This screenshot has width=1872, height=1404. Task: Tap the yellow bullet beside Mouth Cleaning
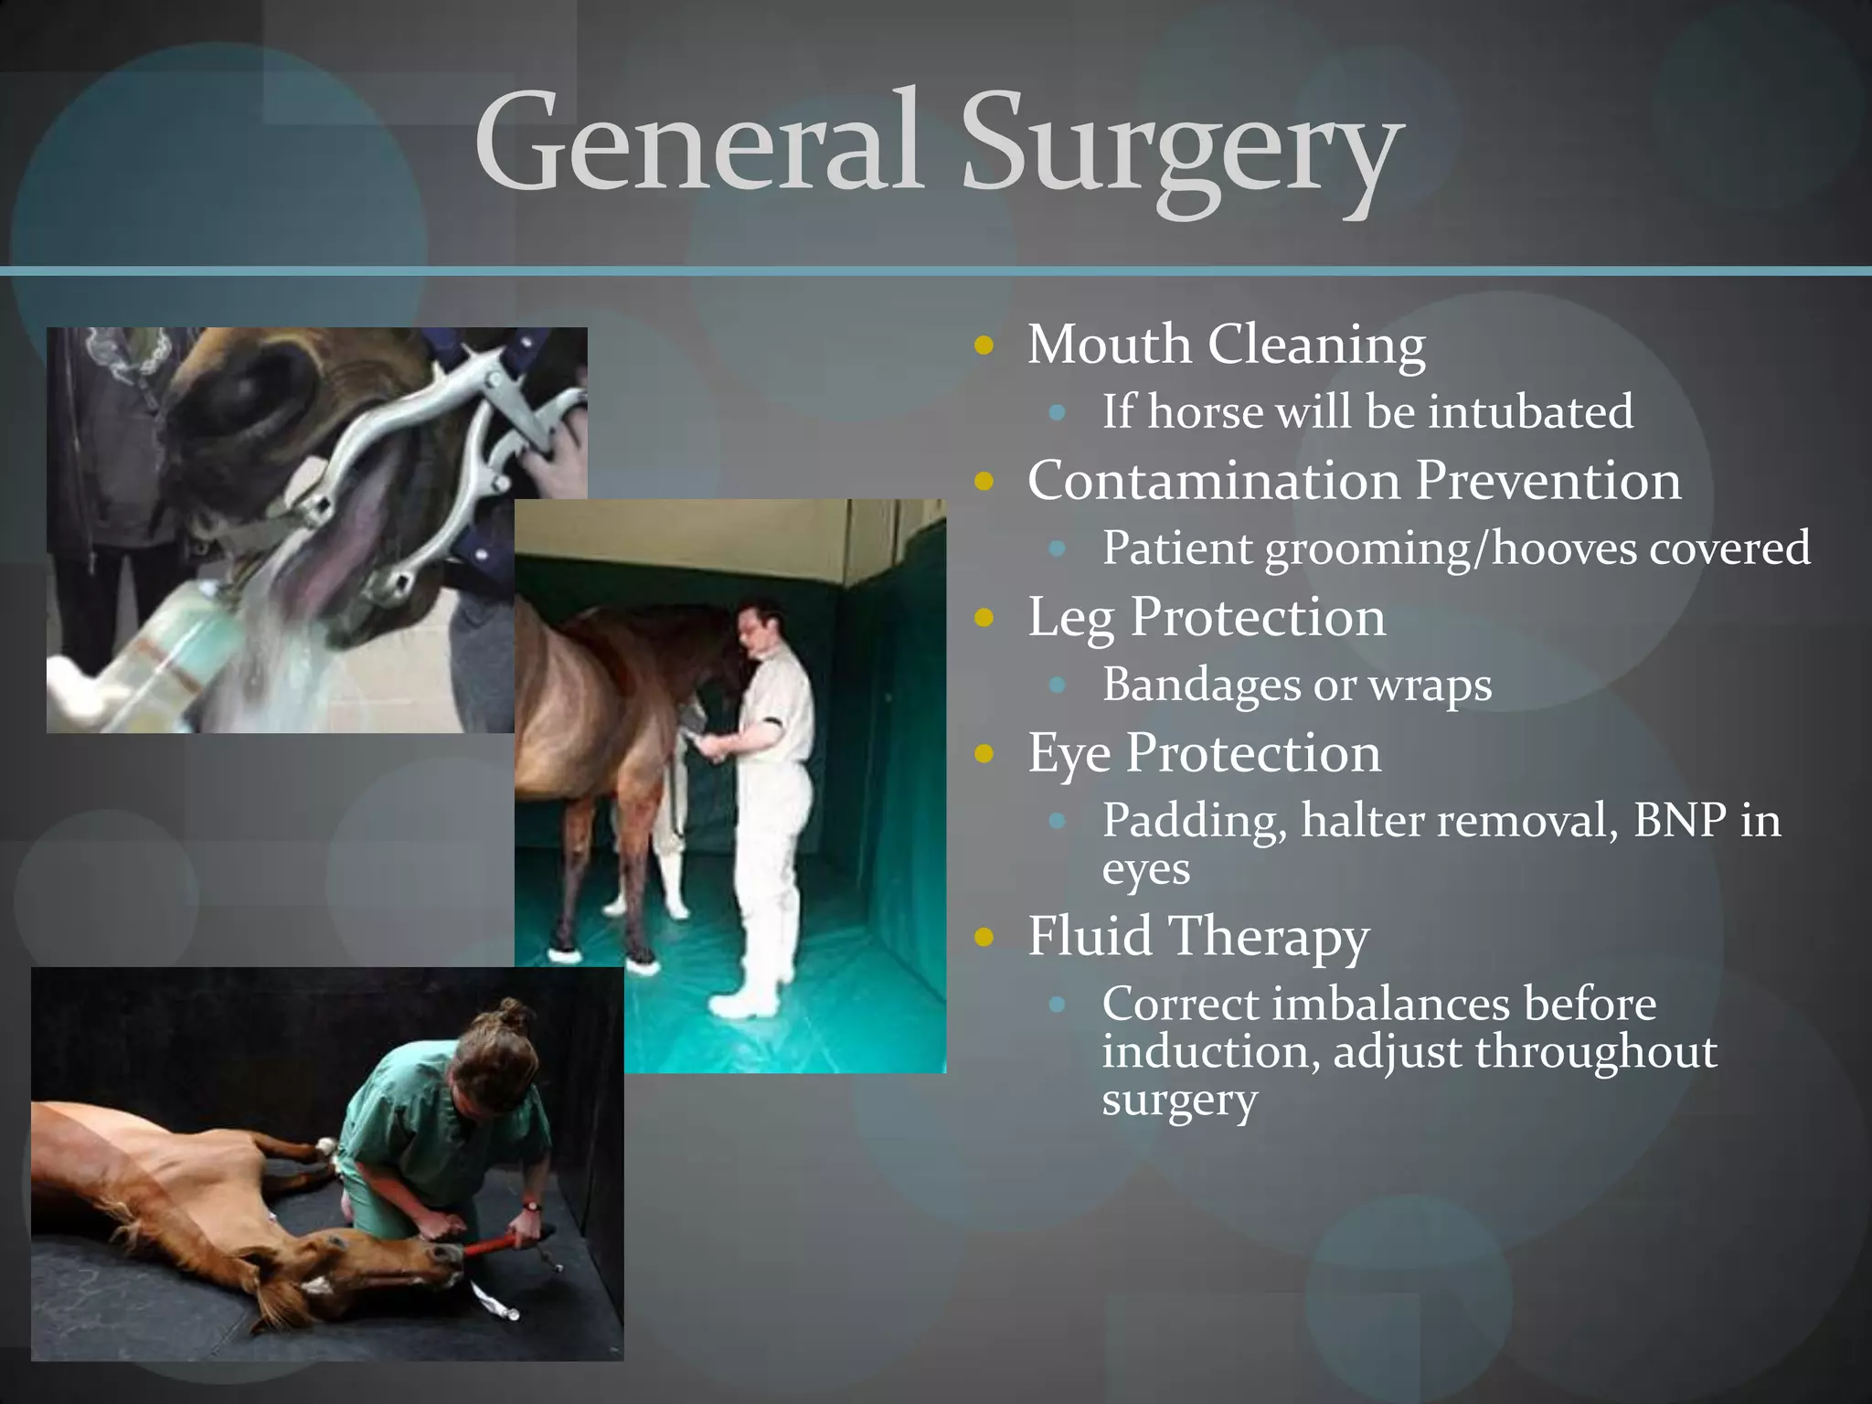click(984, 346)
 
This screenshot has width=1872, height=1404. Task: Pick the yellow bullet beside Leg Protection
click(984, 618)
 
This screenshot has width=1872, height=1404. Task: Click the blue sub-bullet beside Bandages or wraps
click(1058, 685)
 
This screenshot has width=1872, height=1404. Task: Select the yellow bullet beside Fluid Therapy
click(984, 937)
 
